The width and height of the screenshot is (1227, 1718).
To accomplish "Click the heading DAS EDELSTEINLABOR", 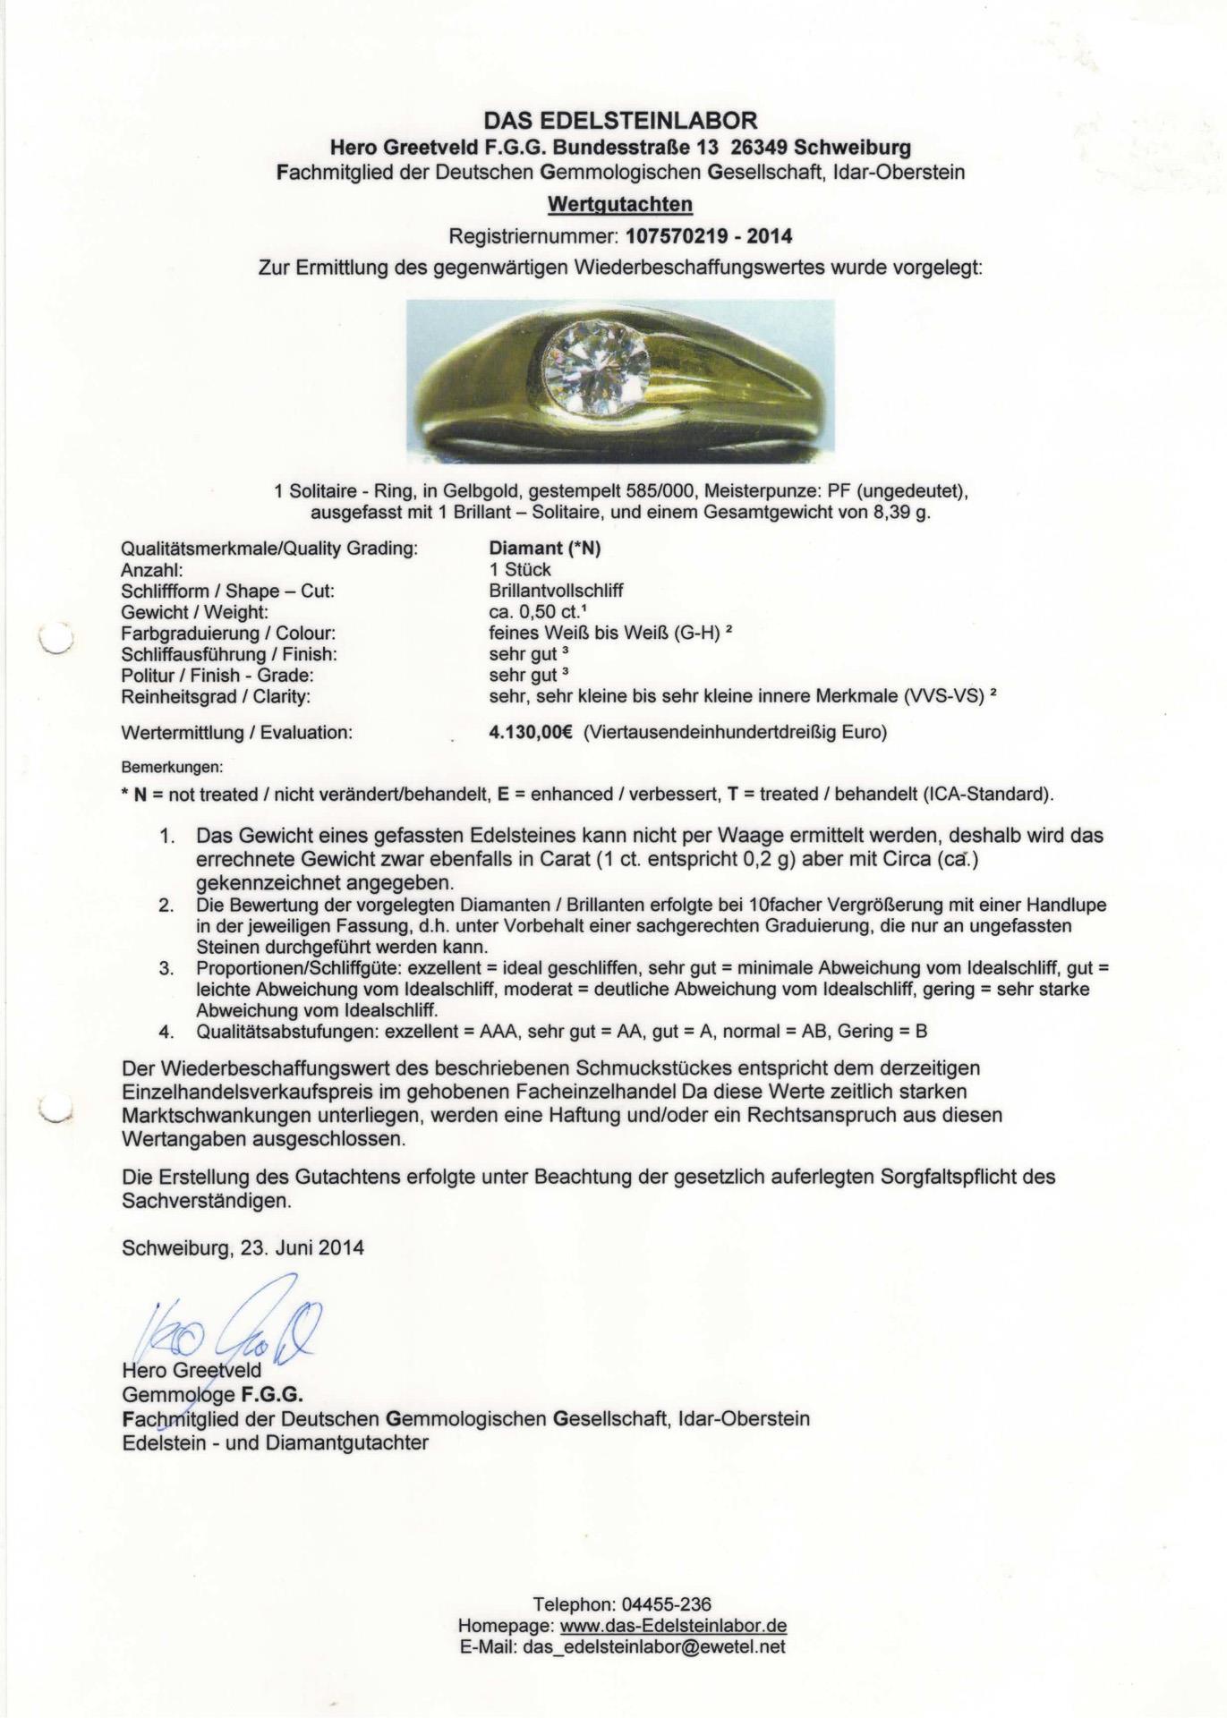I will click(x=620, y=120).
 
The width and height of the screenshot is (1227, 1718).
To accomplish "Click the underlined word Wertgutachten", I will click(x=620, y=205).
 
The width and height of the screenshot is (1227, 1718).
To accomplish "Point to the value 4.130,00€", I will click(x=531, y=733).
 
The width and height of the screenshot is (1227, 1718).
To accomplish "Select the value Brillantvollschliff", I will click(x=556, y=591).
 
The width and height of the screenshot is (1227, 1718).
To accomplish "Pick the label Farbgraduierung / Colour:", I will click(x=228, y=634).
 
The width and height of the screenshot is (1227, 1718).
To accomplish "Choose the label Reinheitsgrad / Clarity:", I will click(x=216, y=697).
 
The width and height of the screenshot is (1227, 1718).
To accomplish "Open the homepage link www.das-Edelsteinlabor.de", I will click(x=673, y=1626).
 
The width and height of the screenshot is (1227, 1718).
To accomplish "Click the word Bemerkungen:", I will click(x=172, y=768).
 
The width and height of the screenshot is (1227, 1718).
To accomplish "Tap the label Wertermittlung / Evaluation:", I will click(x=236, y=733).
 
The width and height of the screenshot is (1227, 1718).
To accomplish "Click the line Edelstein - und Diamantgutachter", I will click(x=275, y=1442).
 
